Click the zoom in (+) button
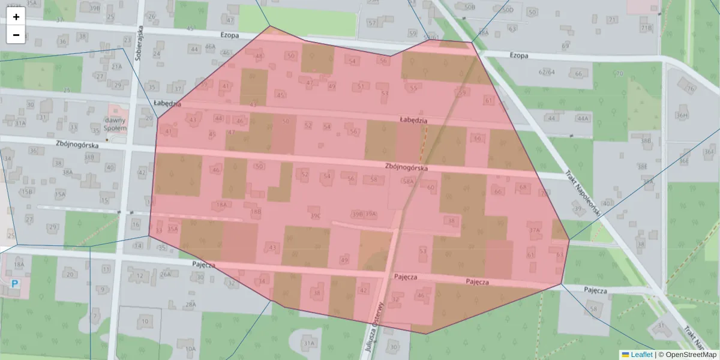pos(16,17)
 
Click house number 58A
pos(409,181)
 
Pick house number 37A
pos(534,230)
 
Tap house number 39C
pos(316,215)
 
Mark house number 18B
pos(256,211)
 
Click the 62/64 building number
pos(547,72)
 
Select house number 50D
pos(508,10)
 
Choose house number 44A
pos(582,118)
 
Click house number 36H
pos(682,115)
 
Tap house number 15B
pos(28,192)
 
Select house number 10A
pos(190,349)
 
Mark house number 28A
pos(191,304)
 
